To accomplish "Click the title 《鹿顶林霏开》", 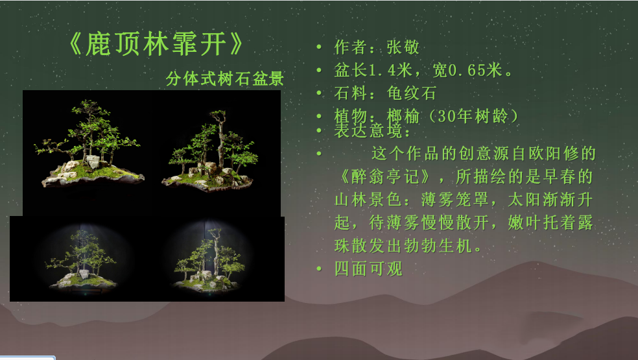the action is [156, 44].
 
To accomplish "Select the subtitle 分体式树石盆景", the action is [224, 78].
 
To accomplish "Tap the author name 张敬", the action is [403, 47].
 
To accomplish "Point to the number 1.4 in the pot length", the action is [382, 70].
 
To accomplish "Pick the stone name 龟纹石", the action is [411, 93].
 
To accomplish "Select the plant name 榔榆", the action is [403, 117].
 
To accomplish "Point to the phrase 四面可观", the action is [369, 269].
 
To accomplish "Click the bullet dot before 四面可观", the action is [319, 269].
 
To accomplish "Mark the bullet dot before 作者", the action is [319, 47].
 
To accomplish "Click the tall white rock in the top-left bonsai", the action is [93, 162].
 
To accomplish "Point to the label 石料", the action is [351, 93].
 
